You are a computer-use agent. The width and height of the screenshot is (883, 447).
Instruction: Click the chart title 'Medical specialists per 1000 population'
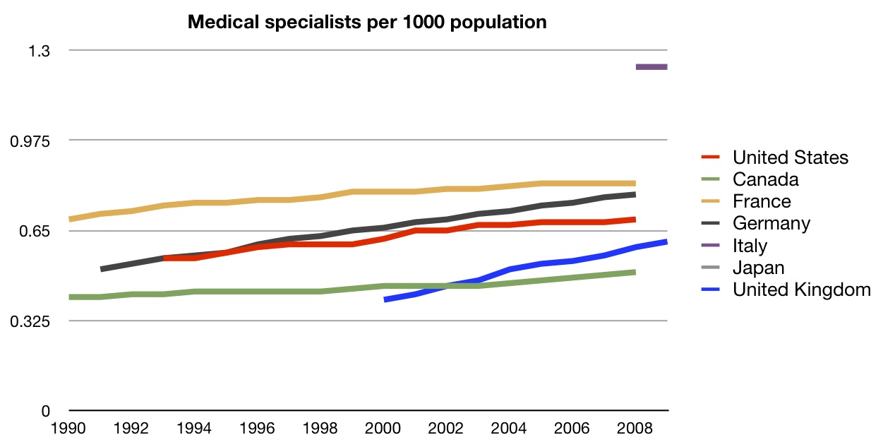(x=367, y=23)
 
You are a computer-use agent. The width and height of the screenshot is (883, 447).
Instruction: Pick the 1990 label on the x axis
(x=69, y=427)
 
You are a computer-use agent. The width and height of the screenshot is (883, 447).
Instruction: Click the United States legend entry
(x=790, y=157)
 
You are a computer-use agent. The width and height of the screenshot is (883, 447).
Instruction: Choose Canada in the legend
(x=765, y=179)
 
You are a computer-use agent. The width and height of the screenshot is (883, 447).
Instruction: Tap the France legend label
(x=762, y=201)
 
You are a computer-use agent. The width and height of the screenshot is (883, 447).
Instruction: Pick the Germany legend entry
(x=771, y=223)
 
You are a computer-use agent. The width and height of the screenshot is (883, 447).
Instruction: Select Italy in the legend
(x=750, y=246)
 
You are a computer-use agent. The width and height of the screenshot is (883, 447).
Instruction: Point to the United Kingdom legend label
(x=801, y=290)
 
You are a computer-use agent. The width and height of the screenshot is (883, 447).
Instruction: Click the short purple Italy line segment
(x=651, y=67)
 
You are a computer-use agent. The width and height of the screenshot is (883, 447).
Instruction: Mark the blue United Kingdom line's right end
(x=666, y=242)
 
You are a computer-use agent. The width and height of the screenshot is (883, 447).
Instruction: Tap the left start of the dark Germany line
(x=102, y=269)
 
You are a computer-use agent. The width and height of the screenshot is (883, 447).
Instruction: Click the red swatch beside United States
(x=711, y=157)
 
